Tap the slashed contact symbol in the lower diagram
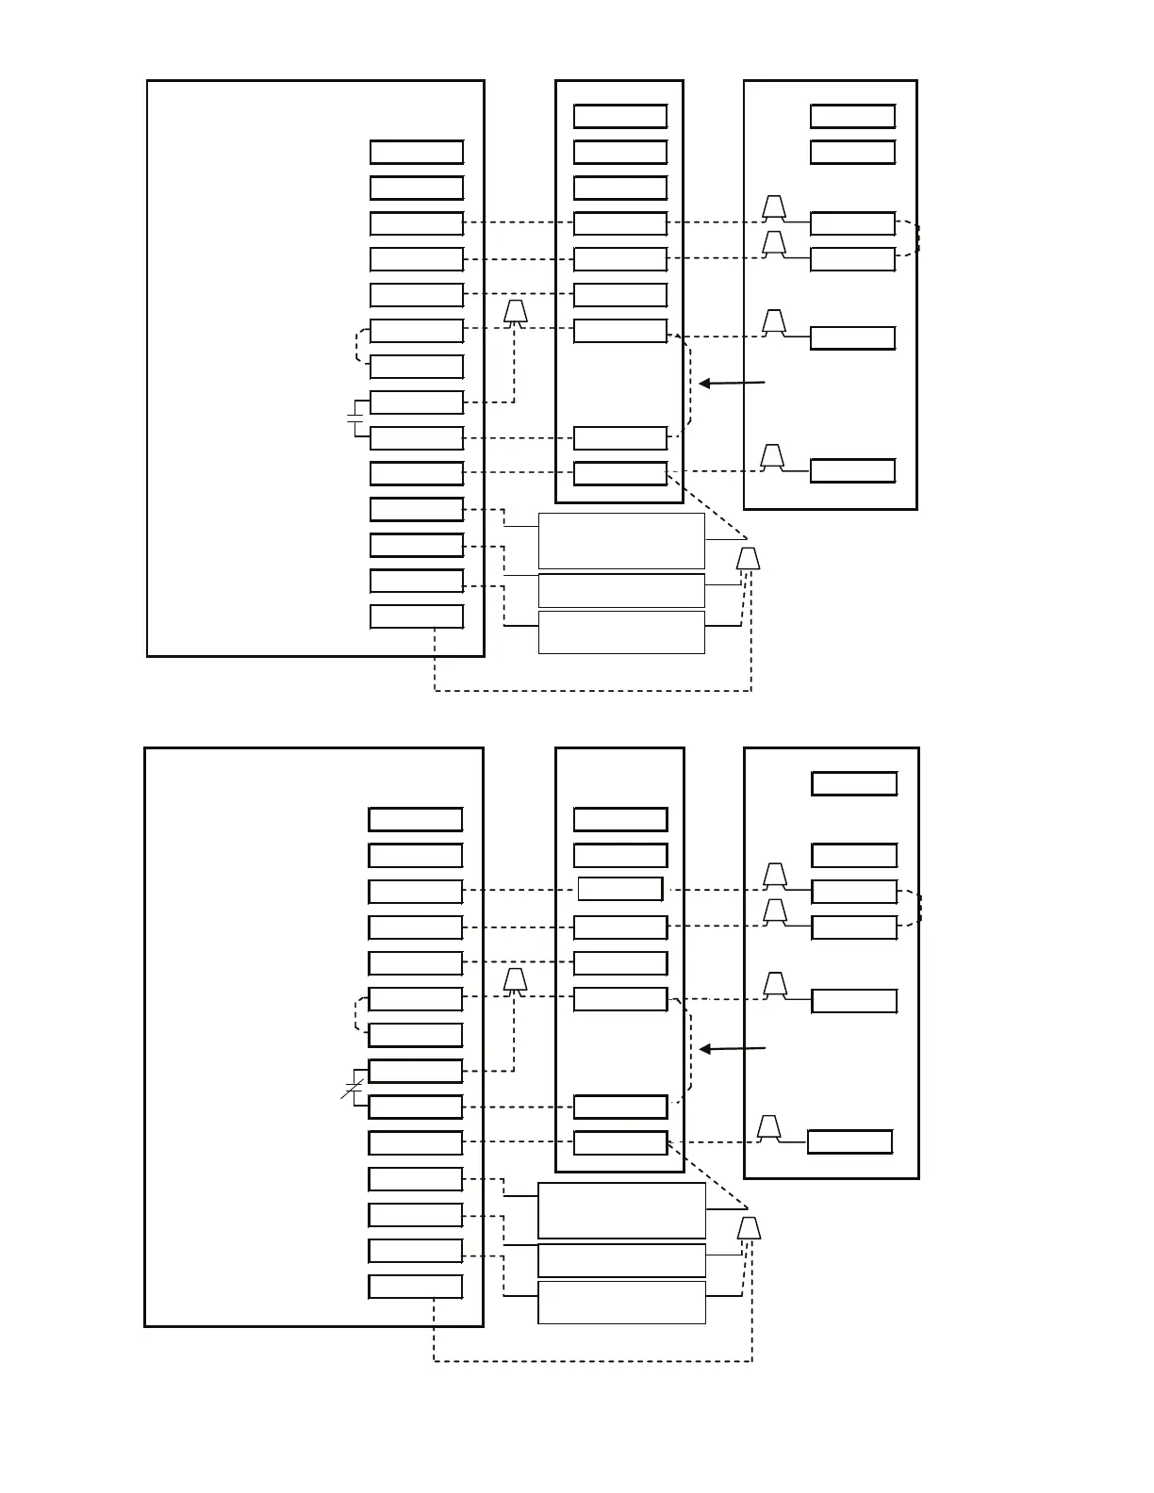[x=353, y=1089]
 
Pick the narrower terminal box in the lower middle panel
[x=619, y=889]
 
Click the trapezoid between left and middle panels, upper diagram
[x=514, y=312]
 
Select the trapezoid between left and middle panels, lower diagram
[x=515, y=980]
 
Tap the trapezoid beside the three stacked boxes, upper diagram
[x=749, y=559]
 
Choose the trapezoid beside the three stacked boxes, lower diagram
[x=750, y=1228]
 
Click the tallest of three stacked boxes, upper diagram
[x=621, y=541]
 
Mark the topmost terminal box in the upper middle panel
[x=620, y=116]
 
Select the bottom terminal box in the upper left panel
[x=417, y=616]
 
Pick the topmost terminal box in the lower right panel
[x=854, y=783]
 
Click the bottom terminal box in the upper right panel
[x=852, y=470]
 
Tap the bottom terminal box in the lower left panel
[x=416, y=1287]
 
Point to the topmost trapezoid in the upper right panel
[x=774, y=207]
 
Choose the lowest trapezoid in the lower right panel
[x=769, y=1127]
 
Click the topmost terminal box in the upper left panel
[x=417, y=152]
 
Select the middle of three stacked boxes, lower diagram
[x=621, y=1260]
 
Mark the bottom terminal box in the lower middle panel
[x=620, y=1142]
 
